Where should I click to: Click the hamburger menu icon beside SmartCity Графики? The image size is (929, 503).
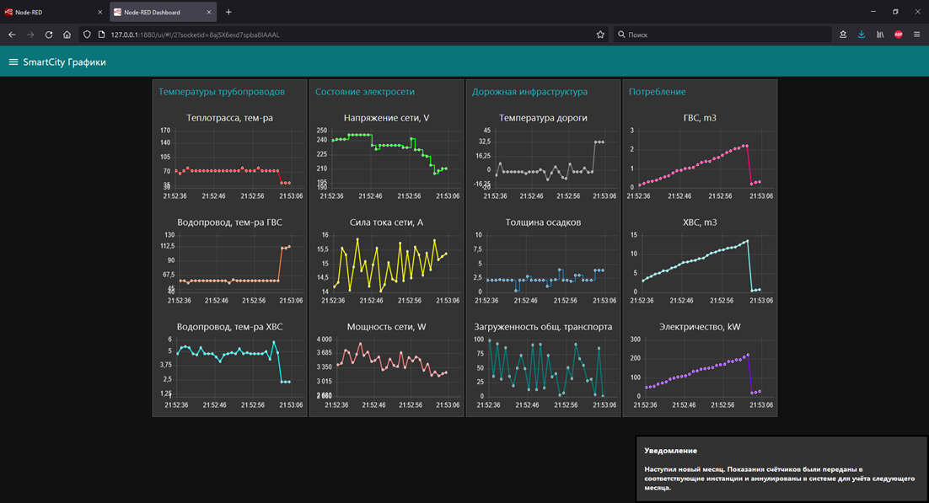point(13,62)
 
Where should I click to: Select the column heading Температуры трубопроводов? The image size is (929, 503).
point(222,92)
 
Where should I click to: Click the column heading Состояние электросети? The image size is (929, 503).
point(364,92)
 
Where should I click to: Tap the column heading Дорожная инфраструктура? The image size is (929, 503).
point(529,92)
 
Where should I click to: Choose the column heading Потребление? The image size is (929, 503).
point(657,92)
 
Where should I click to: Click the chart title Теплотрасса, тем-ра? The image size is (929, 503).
point(229,118)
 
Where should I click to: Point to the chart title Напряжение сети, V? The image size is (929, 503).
point(386,118)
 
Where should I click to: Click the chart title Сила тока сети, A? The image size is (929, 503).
point(386,222)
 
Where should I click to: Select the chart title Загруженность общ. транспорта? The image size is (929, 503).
point(543,327)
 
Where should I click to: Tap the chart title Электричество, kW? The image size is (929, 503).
point(700,327)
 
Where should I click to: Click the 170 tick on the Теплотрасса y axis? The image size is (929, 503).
point(165,131)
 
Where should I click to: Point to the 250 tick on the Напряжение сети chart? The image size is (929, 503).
point(322,131)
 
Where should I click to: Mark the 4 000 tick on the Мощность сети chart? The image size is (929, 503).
point(324,340)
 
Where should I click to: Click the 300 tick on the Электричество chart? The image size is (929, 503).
point(636,340)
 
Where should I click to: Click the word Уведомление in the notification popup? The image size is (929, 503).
point(671,451)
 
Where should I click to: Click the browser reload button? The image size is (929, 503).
point(49,35)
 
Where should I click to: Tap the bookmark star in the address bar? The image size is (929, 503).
point(600,35)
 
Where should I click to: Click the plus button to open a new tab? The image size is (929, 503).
point(228,12)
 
